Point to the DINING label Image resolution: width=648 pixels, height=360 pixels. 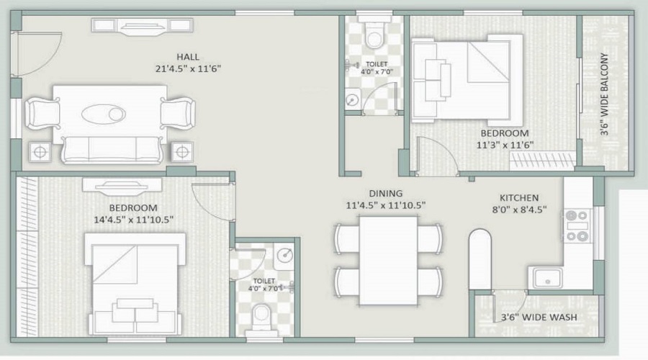click(385, 193)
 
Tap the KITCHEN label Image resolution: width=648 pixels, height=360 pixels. click(519, 198)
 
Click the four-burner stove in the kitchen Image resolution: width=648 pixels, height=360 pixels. click(577, 225)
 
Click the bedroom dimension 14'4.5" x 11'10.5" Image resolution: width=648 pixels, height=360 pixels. click(133, 218)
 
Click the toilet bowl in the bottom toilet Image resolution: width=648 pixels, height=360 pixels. click(263, 314)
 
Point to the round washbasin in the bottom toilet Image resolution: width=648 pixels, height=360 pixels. click(284, 255)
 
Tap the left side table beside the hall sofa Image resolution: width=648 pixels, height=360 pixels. click(39, 152)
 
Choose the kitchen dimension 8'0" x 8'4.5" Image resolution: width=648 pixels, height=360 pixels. click(519, 210)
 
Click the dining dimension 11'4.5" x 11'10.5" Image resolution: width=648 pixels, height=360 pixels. click(385, 205)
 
